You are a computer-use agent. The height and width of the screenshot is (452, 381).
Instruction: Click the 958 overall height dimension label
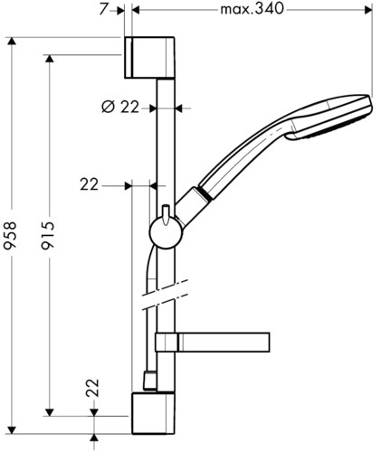pyautogui.click(x=10, y=235)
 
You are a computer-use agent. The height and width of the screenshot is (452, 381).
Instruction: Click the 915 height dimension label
pyautogui.click(x=48, y=235)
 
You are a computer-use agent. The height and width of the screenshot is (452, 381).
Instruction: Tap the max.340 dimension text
pyautogui.click(x=252, y=9)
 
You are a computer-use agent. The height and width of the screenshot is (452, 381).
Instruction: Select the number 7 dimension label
pyautogui.click(x=103, y=9)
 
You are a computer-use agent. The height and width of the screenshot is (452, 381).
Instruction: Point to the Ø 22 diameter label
pyautogui.click(x=120, y=107)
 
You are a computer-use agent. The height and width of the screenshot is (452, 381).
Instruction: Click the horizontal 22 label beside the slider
pyautogui.click(x=90, y=184)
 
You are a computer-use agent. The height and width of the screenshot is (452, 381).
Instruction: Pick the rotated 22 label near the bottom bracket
pyautogui.click(x=92, y=388)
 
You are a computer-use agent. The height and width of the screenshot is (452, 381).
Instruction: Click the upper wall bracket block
pyautogui.click(x=149, y=58)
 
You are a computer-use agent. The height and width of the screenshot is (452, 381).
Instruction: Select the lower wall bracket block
pyautogui.click(x=153, y=413)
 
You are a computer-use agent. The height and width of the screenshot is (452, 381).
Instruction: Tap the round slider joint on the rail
pyautogui.click(x=166, y=233)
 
